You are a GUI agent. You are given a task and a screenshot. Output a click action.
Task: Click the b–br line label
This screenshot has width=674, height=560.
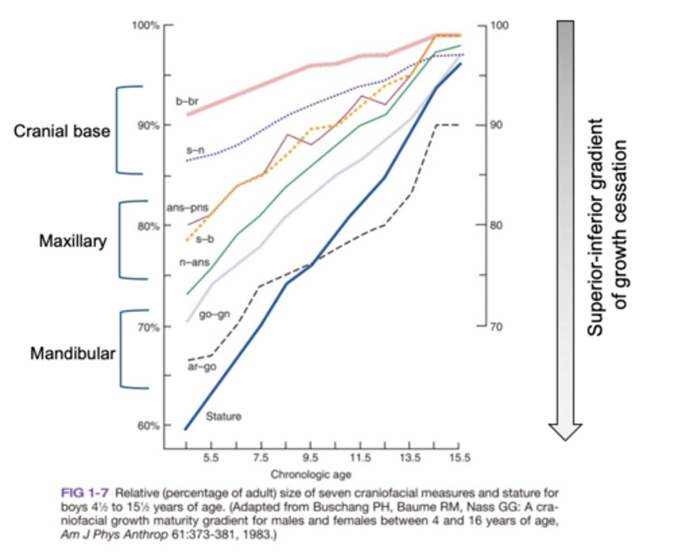[x=187, y=101]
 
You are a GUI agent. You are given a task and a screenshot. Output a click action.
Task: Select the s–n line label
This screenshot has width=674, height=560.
[x=195, y=150]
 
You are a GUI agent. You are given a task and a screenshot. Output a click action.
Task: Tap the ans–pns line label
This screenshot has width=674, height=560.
[x=187, y=208]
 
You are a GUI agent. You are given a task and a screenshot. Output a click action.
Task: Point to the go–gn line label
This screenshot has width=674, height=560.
[x=214, y=314]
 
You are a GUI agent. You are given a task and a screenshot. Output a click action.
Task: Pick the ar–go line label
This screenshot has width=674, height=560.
[x=202, y=366]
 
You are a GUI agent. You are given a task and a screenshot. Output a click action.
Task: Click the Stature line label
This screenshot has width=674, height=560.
[x=223, y=416]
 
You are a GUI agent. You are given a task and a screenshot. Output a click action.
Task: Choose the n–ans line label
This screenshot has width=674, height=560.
[x=194, y=262]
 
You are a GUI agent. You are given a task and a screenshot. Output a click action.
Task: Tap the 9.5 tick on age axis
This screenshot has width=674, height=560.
[x=310, y=458]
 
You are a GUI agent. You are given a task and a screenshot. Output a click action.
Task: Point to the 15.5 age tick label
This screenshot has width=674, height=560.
[x=460, y=458]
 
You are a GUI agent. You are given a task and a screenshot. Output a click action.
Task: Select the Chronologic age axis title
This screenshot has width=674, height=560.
[x=311, y=475]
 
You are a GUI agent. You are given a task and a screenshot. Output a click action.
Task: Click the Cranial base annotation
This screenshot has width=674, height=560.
[x=62, y=131]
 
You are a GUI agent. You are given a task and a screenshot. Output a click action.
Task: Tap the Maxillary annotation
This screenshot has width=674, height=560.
[x=73, y=241]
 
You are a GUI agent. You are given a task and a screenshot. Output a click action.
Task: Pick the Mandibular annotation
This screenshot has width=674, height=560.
[x=73, y=353]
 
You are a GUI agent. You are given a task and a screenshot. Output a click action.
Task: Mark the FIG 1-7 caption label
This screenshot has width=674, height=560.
[x=85, y=493]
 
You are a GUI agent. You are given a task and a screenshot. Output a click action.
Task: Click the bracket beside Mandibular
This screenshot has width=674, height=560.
[x=123, y=349]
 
